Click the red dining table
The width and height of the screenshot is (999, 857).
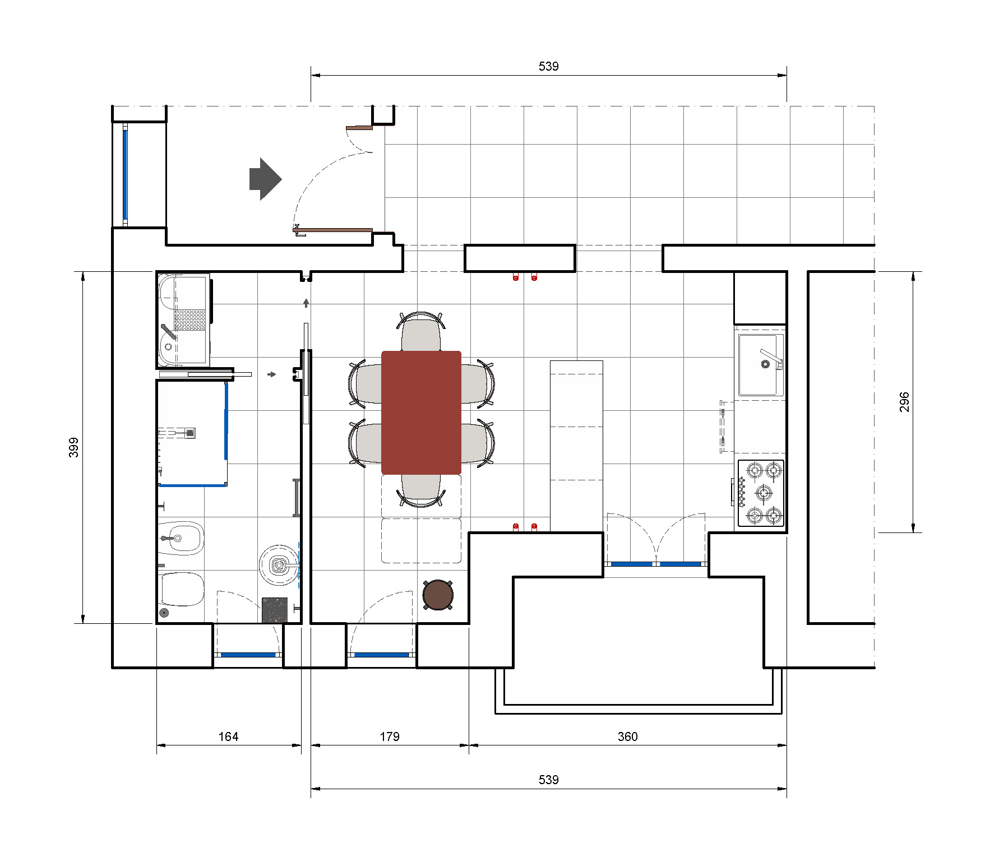[x=421, y=413]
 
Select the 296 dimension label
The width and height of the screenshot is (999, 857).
[x=904, y=402]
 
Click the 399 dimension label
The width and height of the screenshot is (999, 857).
[x=73, y=447]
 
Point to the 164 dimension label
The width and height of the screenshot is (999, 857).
[x=228, y=736]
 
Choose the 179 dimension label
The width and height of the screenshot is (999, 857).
[x=390, y=736]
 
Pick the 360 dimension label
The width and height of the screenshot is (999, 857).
[x=627, y=736]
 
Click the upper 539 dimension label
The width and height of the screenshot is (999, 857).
[x=548, y=66]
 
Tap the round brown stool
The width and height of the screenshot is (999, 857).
[x=438, y=595]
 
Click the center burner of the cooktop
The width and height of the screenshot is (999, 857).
[x=764, y=493]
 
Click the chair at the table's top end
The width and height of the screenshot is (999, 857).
[x=421, y=332]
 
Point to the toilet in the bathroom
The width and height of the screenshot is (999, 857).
[x=182, y=589]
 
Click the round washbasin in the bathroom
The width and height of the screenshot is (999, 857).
[x=279, y=565]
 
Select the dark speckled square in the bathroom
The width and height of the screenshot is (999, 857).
[x=274, y=610]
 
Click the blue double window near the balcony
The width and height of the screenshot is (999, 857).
[x=655, y=564]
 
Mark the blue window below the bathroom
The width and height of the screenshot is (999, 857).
[x=248, y=655]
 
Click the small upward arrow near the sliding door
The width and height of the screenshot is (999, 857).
[x=306, y=303]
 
